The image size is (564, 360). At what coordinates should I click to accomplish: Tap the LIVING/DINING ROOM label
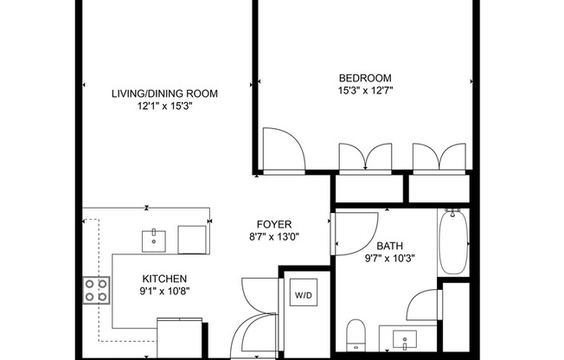(164, 93)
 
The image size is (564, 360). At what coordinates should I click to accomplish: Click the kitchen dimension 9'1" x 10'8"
(164, 291)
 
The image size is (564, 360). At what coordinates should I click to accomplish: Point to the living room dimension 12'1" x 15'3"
(164, 106)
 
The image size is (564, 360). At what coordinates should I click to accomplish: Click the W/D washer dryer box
(304, 296)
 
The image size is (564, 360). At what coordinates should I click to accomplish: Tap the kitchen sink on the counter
(154, 237)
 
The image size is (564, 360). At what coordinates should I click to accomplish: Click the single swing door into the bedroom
(283, 149)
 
